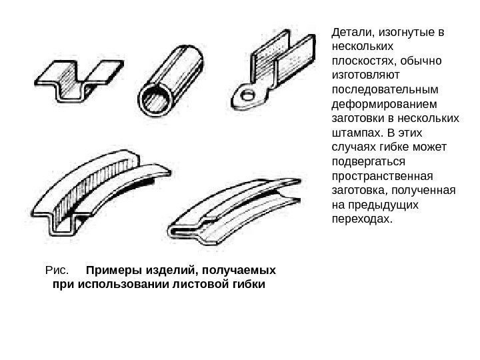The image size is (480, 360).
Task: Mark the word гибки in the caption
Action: (247, 286)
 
